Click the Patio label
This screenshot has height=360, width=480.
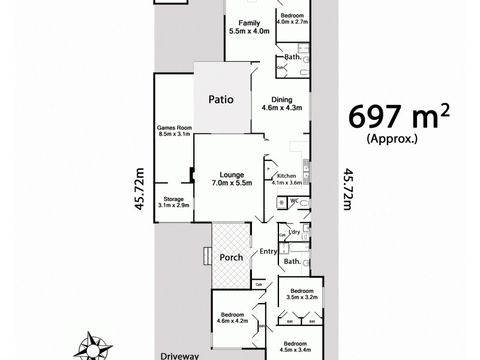click(220, 100)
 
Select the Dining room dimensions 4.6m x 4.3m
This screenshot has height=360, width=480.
click(281, 109)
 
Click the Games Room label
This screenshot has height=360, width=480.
click(173, 128)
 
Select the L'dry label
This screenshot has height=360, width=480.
click(294, 232)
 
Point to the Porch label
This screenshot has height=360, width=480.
click(231, 257)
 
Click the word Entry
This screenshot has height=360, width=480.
click(267, 251)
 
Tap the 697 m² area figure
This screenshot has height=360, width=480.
click(398, 117)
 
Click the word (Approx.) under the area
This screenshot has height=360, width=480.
click(392, 139)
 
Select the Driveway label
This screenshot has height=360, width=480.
click(179, 356)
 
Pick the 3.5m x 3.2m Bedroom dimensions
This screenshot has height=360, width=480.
click(301, 297)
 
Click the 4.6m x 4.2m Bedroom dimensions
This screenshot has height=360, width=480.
click(232, 321)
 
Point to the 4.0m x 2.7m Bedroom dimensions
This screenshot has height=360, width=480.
click(292, 22)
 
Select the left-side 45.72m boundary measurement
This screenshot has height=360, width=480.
click(140, 188)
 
